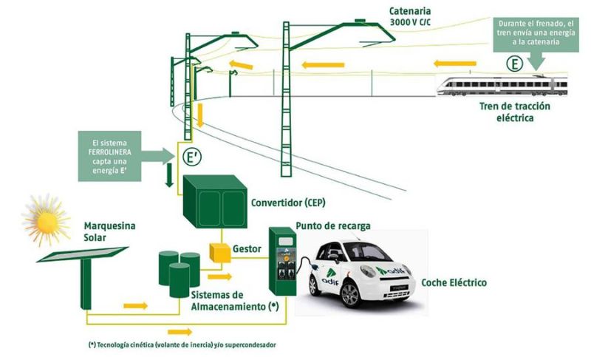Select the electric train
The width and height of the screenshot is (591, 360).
[502, 86]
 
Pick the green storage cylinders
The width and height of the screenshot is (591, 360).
[180, 273]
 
